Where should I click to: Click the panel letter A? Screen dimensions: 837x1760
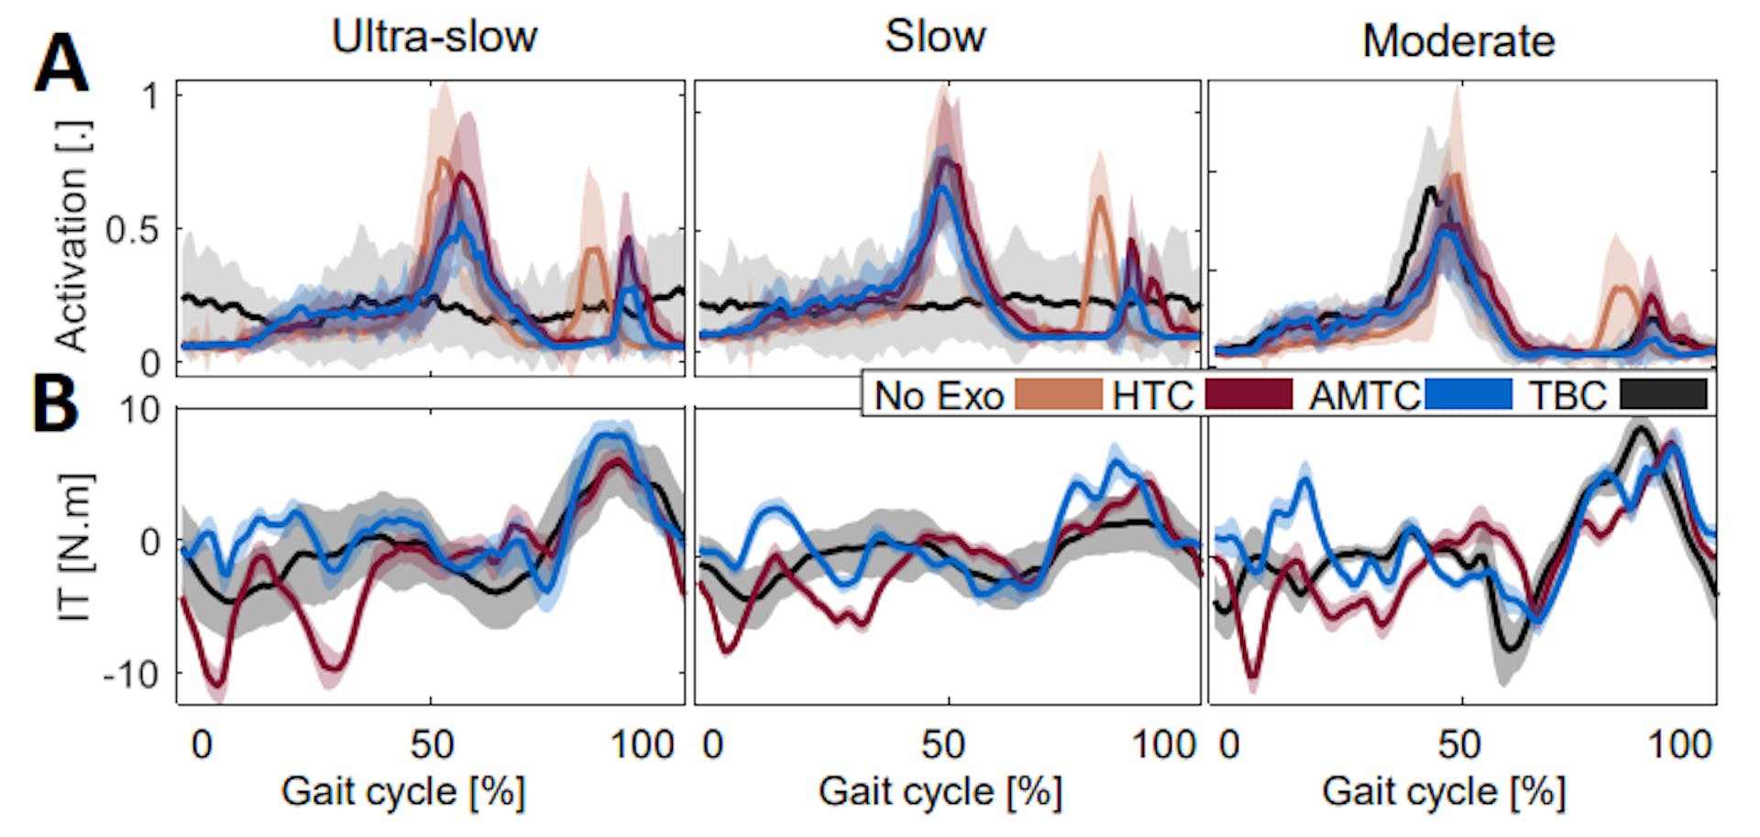click(x=60, y=63)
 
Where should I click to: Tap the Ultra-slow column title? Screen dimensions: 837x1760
click(x=434, y=38)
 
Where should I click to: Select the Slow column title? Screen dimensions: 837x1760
click(x=934, y=37)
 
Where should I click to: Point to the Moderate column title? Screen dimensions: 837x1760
click(x=1457, y=41)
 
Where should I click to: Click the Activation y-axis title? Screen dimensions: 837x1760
click(x=71, y=236)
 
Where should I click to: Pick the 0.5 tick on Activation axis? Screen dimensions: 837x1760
click(x=131, y=230)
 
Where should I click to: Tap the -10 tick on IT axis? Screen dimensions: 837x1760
click(x=130, y=676)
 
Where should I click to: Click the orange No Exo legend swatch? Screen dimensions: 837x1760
click(x=1058, y=395)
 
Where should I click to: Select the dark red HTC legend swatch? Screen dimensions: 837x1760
click(x=1248, y=395)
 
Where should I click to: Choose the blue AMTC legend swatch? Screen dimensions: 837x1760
click(x=1468, y=395)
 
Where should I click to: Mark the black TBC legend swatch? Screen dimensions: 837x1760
click(x=1664, y=395)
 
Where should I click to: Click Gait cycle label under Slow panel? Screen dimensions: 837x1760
click(x=940, y=791)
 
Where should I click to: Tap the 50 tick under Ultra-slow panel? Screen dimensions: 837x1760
click(x=432, y=744)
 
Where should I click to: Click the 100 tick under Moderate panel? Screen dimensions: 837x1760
click(x=1679, y=744)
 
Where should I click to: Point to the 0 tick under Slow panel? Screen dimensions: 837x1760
click(x=712, y=744)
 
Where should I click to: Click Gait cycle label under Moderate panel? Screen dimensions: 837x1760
click(x=1444, y=791)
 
